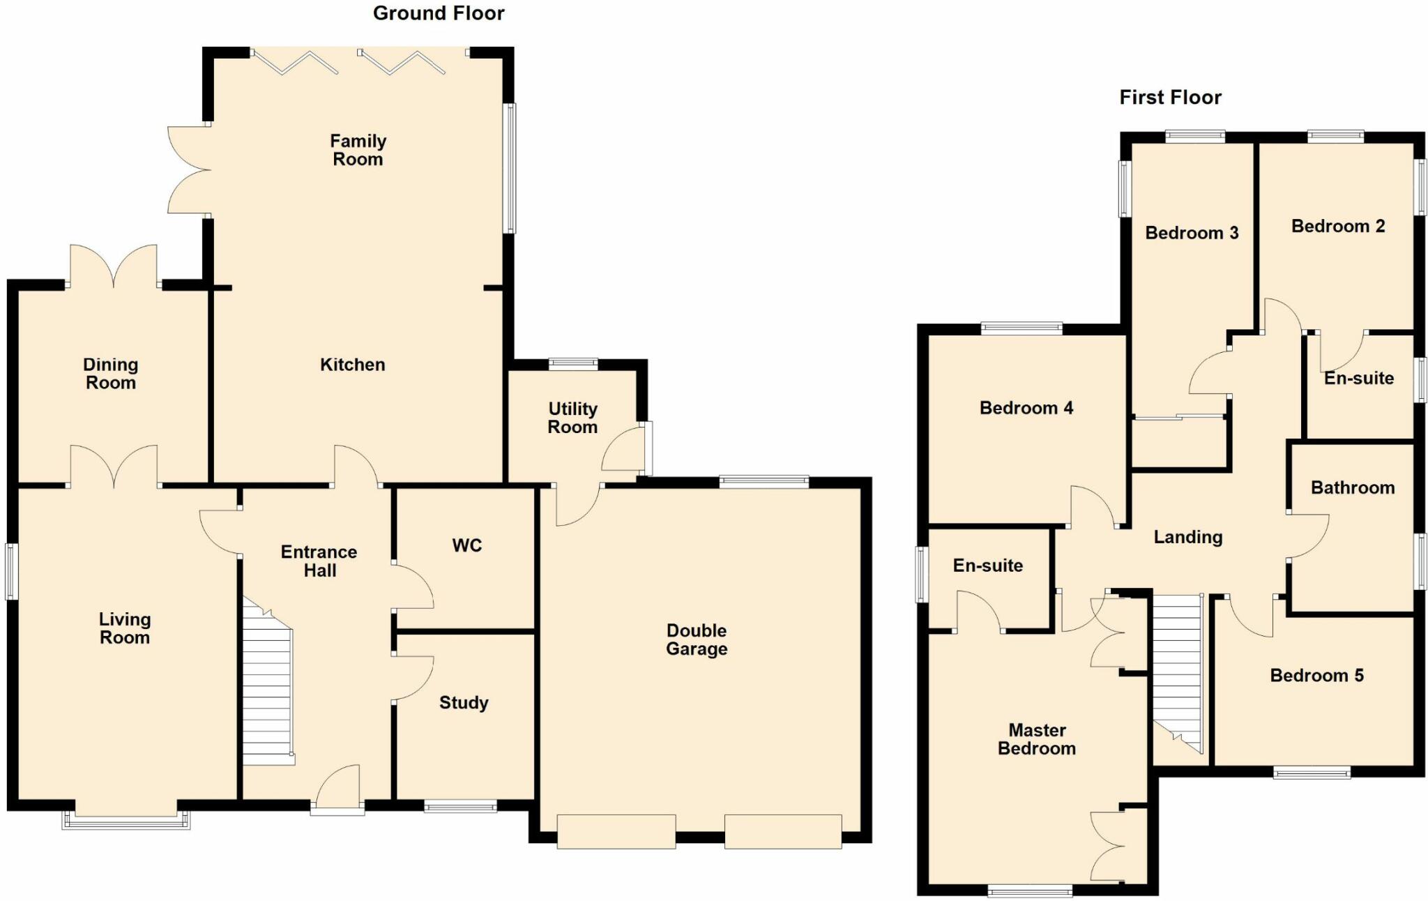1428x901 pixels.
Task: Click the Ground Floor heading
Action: (x=439, y=13)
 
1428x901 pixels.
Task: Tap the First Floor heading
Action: (x=1170, y=98)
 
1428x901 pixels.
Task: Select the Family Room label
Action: (x=358, y=150)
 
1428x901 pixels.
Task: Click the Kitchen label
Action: (x=352, y=365)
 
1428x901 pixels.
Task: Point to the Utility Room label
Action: (x=572, y=418)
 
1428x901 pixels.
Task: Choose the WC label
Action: (x=466, y=545)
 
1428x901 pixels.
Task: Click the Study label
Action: (x=464, y=702)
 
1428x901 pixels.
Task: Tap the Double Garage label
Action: (x=697, y=639)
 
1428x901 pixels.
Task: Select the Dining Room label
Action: (x=110, y=373)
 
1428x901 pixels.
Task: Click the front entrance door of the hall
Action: (x=337, y=795)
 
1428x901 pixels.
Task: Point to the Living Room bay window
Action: (x=126, y=820)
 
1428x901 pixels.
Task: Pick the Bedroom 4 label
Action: (x=1026, y=408)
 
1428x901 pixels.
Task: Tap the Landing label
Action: (x=1187, y=537)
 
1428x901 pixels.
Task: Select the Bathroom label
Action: (x=1352, y=487)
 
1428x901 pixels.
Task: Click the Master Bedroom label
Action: (x=1037, y=739)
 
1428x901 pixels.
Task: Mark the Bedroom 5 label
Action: (x=1316, y=675)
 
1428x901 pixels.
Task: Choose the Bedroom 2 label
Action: (x=1337, y=226)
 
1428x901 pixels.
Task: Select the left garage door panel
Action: (x=616, y=831)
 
